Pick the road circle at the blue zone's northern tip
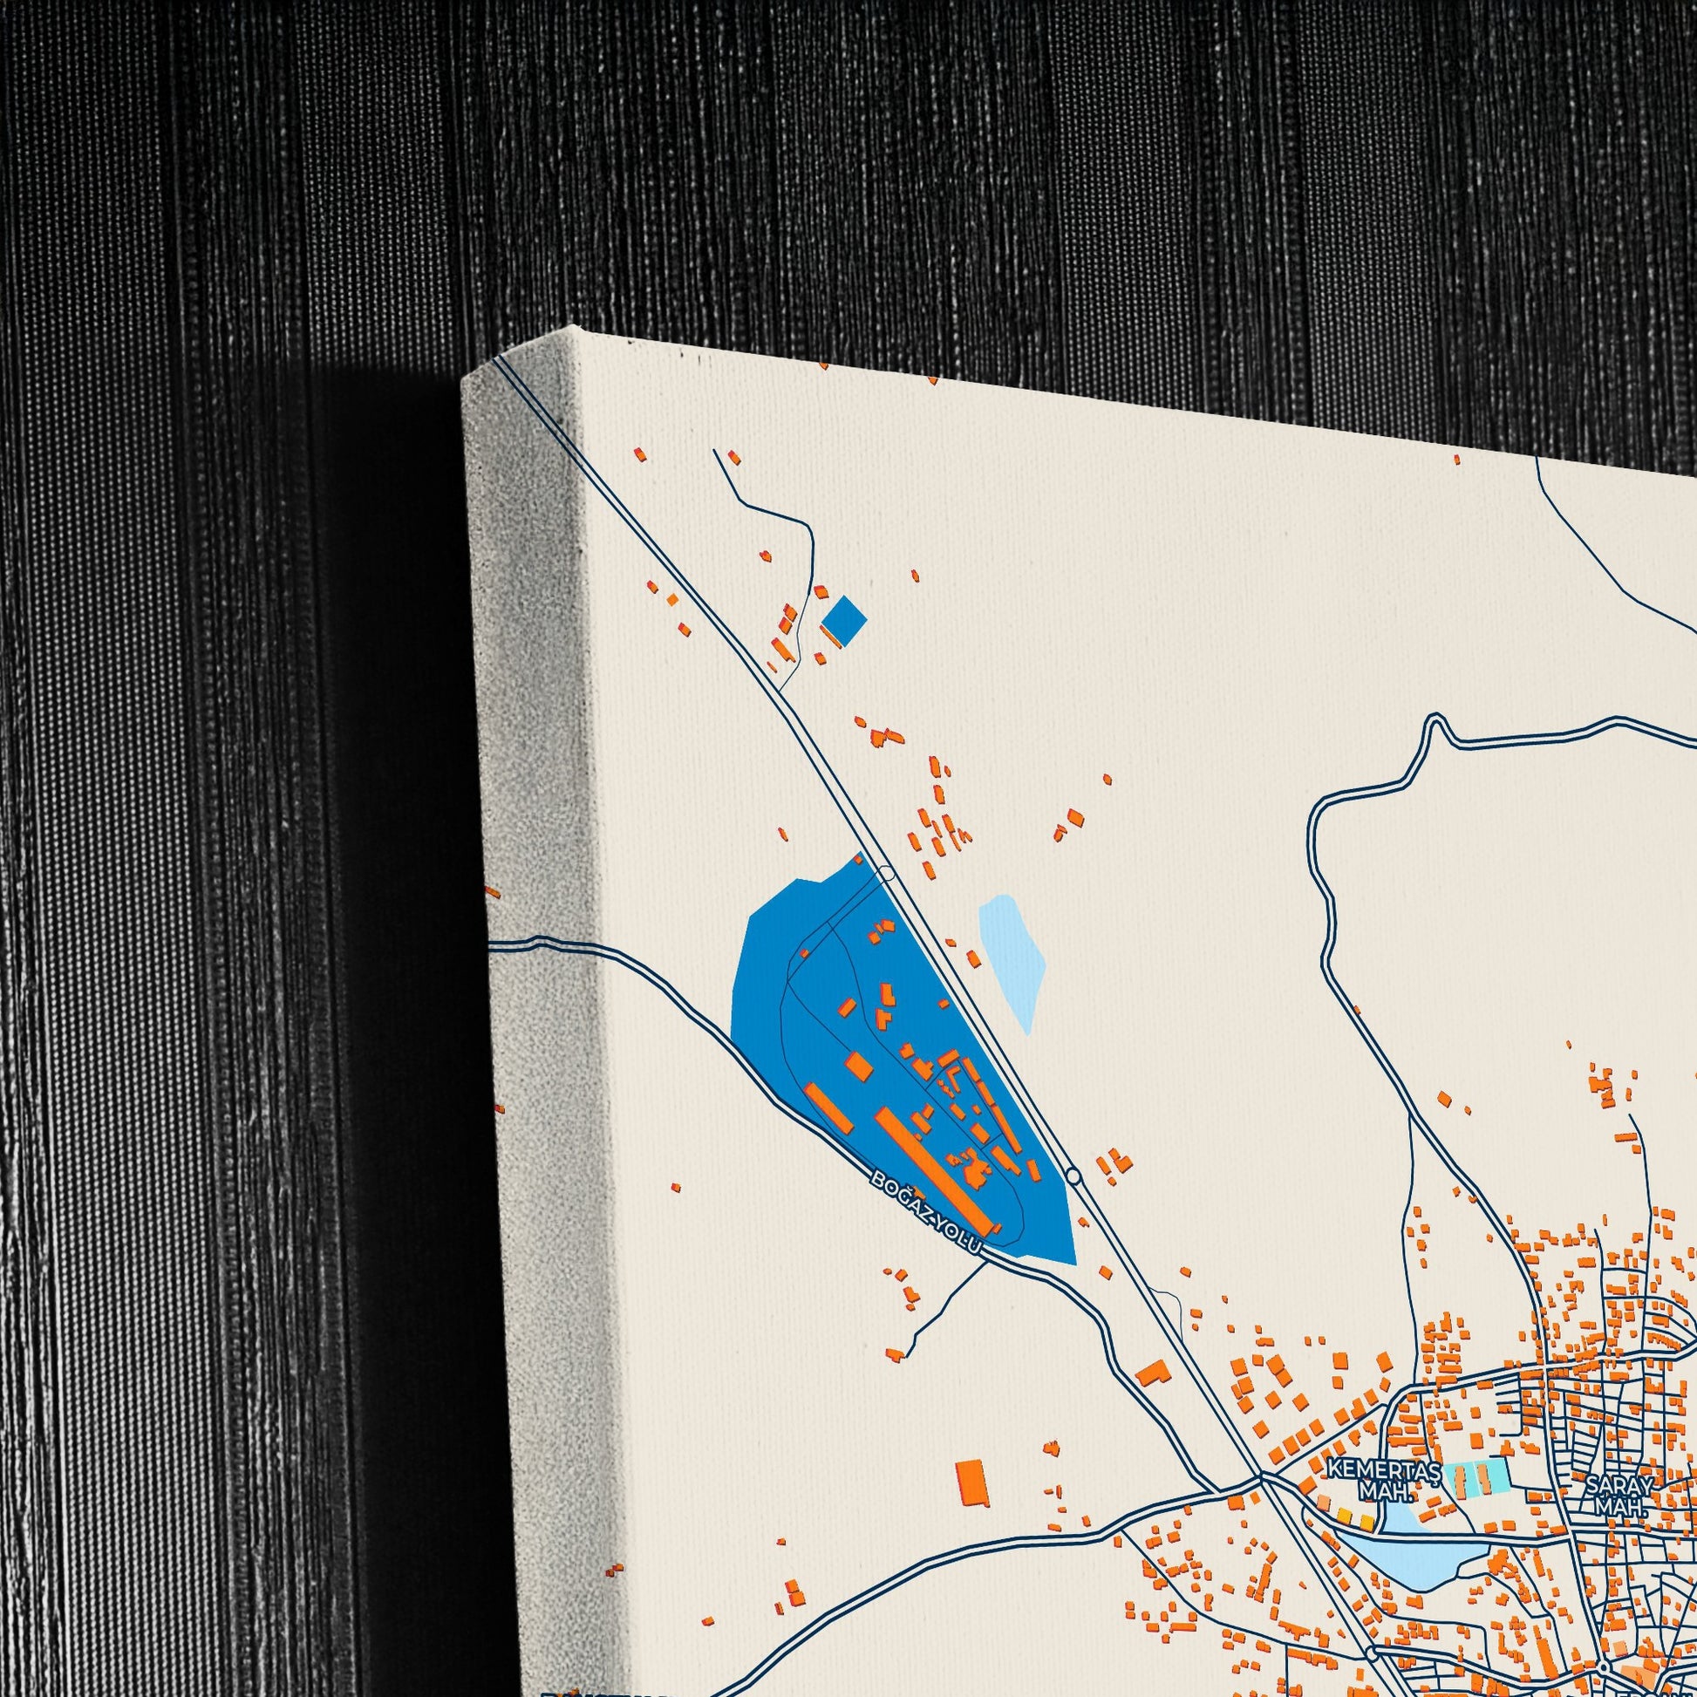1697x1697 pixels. tap(886, 874)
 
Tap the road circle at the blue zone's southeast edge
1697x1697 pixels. tap(1073, 1176)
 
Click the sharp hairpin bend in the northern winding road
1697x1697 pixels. tap(1435, 722)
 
